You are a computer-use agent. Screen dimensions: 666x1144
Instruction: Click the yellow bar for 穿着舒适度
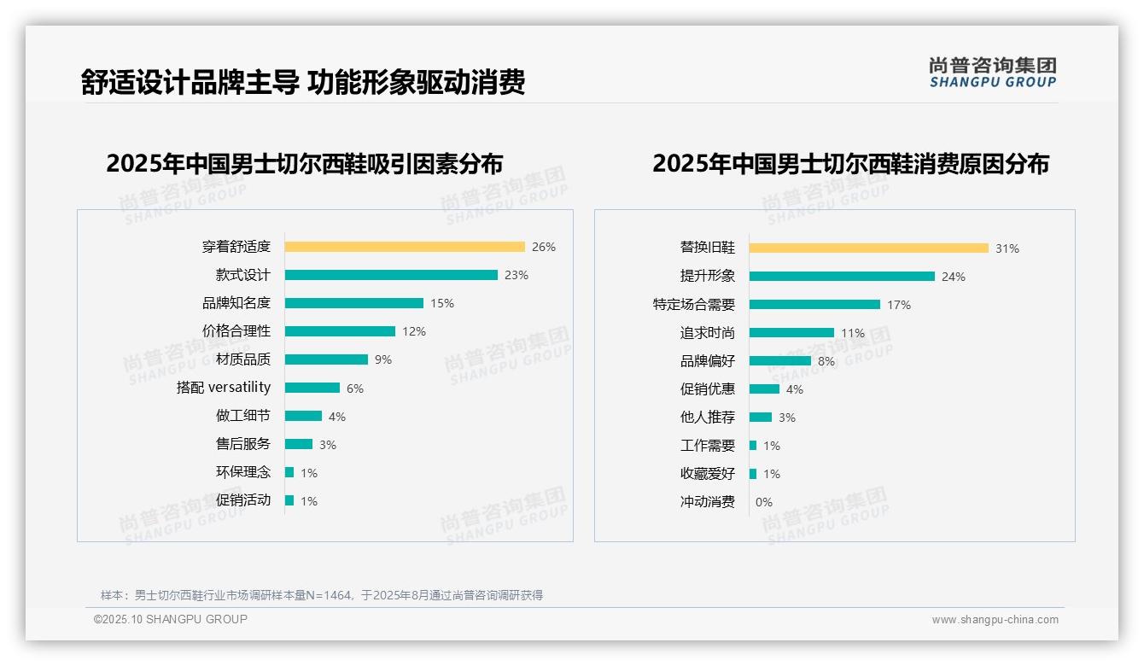[x=405, y=247]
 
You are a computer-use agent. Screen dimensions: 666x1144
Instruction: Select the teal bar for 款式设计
[x=391, y=275]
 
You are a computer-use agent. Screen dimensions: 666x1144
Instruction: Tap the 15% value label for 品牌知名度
[x=442, y=303]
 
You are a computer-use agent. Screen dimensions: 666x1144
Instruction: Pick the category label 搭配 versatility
[x=224, y=388]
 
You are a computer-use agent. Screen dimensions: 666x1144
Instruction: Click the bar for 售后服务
[x=299, y=444]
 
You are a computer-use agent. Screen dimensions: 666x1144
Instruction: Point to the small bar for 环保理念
[x=289, y=472]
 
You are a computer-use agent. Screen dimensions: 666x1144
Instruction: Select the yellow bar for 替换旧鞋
[x=869, y=248]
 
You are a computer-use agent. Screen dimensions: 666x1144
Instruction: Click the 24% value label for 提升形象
[x=953, y=277]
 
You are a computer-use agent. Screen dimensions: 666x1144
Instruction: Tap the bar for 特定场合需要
[x=814, y=305]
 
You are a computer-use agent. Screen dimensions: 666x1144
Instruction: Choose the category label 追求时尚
[x=707, y=333]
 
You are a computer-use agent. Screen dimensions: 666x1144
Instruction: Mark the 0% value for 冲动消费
[x=763, y=502]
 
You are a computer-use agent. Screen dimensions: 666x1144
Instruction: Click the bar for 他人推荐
[x=761, y=418]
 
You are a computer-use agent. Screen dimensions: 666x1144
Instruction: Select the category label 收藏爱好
[x=707, y=474]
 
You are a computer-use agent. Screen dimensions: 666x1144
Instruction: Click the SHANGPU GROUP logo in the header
[x=992, y=73]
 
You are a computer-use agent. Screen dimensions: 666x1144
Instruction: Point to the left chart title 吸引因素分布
[x=304, y=163]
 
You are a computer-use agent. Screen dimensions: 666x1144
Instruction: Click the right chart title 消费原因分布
[x=850, y=163]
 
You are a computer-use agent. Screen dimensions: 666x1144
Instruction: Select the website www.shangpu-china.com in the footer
[x=995, y=620]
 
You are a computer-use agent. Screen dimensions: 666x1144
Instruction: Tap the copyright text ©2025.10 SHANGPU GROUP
[x=171, y=619]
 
